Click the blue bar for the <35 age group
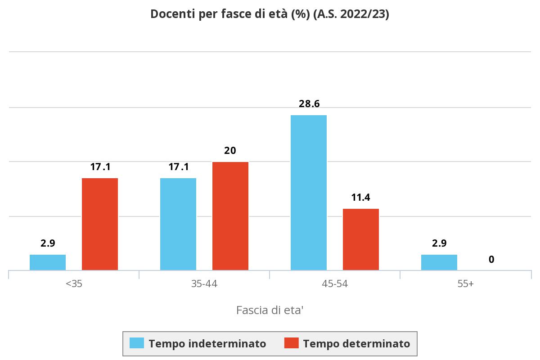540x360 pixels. pos(48,262)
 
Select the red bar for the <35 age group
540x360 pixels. pos(100,224)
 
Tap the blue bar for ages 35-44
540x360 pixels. pos(178,224)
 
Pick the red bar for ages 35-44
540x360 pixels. pos(230,216)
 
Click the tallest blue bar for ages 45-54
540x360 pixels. pos(309,193)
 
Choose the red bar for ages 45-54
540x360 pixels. pos(361,239)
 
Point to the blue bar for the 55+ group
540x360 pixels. pos(439,262)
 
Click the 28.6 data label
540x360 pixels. pos(309,103)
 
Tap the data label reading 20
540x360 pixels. pos(230,150)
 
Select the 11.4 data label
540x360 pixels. pos(360,197)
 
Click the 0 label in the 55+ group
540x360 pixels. pos(491,259)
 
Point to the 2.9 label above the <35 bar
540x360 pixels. pos(48,243)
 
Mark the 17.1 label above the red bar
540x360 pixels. pos(100,166)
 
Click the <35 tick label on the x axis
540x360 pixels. pos(74,284)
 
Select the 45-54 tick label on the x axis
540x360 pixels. pos(335,284)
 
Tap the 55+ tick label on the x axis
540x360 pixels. pos(465,284)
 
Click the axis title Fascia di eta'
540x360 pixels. pos(270,310)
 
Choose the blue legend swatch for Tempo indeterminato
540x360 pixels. pos(137,343)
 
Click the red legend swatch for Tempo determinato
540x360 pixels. pos(292,343)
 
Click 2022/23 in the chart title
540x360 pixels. pos(364,14)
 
